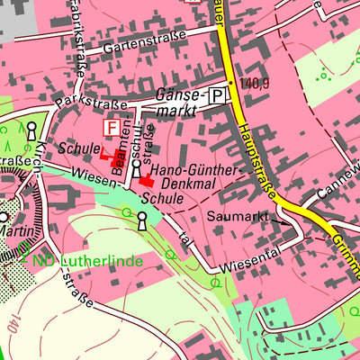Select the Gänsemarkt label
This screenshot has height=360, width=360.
(x=179, y=102)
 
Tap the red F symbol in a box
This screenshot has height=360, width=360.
(x=113, y=129)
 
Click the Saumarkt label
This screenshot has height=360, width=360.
(x=238, y=217)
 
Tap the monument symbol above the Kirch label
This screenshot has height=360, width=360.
(x=32, y=130)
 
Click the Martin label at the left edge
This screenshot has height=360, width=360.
(x=18, y=232)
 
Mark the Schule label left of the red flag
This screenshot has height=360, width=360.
(x=76, y=148)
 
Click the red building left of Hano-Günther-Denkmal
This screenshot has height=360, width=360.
(x=145, y=181)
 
